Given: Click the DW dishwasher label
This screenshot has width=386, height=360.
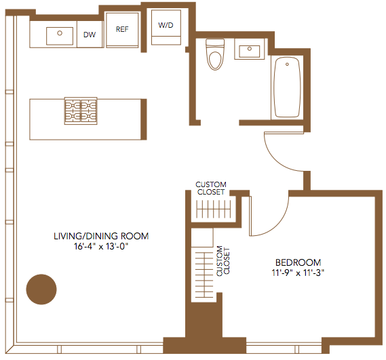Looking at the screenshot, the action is [90, 35].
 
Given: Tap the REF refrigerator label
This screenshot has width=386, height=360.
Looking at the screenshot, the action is [122, 29].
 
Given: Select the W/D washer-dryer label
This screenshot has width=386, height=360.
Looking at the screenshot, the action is [166, 25].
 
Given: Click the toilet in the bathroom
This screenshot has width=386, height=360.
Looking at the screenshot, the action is [215, 54].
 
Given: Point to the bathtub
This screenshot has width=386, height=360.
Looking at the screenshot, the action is [287, 87].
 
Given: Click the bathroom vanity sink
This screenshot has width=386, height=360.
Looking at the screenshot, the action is [250, 52].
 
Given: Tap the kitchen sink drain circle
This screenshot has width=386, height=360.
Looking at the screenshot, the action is [60, 33].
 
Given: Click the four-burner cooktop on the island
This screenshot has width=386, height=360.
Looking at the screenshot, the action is [81, 111].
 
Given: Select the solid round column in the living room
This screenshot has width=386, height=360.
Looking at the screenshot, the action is [41, 289].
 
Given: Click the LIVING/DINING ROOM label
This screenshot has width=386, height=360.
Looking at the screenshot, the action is [101, 236].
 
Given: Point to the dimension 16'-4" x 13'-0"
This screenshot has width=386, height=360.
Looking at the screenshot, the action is [101, 246].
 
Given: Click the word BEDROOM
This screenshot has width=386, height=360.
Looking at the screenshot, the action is [298, 262].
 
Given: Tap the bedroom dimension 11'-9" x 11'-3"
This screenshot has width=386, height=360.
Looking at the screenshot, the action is [298, 273].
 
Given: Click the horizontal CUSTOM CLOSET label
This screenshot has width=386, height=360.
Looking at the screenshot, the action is [211, 188].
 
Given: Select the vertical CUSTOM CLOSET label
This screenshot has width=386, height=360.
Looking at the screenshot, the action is [223, 261].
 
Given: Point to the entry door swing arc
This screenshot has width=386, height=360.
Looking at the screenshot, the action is [275, 158].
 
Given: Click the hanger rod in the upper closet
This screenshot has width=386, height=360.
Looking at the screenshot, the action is [214, 209].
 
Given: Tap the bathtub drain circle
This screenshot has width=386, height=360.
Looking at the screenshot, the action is [287, 64].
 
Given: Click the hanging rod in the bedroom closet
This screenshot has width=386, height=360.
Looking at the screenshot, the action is [204, 275].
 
